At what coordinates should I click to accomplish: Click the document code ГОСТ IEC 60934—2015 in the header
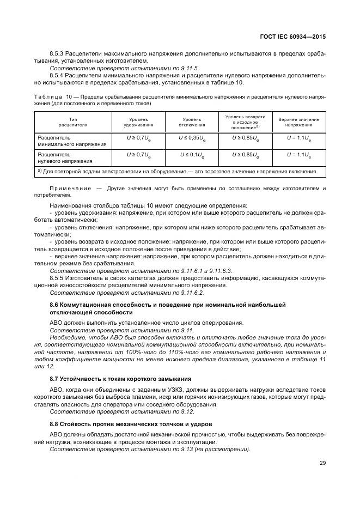click(293, 37)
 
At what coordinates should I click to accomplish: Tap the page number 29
click(322, 463)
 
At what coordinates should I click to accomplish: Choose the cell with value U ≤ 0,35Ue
click(191, 139)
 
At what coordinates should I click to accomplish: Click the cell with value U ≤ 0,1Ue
click(191, 155)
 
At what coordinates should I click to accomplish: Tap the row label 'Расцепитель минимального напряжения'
click(65, 142)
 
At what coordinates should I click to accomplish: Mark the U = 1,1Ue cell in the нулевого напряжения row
click(298, 155)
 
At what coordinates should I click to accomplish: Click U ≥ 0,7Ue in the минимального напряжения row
click(138, 139)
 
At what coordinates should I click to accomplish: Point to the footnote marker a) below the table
click(40, 171)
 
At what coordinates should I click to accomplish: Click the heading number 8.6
click(54, 304)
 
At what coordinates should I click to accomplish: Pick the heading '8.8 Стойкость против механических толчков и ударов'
click(131, 423)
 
